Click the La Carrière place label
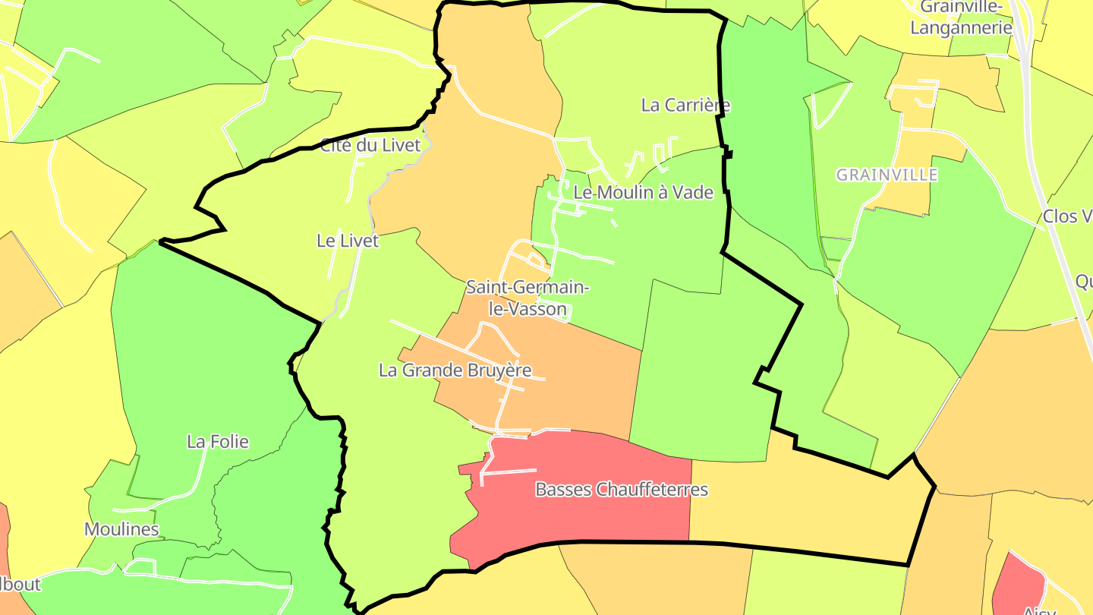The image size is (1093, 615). (x=685, y=106)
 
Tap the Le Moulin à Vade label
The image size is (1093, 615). (x=644, y=193)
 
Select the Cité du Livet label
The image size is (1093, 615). (x=370, y=146)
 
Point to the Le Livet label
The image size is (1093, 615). (x=347, y=241)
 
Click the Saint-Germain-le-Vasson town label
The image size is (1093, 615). (x=528, y=298)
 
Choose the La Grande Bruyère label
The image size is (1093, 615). (x=455, y=371)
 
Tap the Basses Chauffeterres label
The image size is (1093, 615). (x=622, y=490)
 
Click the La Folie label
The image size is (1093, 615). (x=218, y=442)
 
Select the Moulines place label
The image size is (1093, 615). (x=121, y=529)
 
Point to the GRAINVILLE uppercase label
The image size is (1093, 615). (x=887, y=175)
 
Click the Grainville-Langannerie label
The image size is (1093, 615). (x=961, y=18)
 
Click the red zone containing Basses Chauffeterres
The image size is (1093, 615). (x=577, y=516)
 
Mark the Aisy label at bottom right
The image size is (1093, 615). (x=1039, y=610)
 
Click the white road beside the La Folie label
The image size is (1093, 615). (x=200, y=471)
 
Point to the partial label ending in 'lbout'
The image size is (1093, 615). (x=20, y=585)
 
